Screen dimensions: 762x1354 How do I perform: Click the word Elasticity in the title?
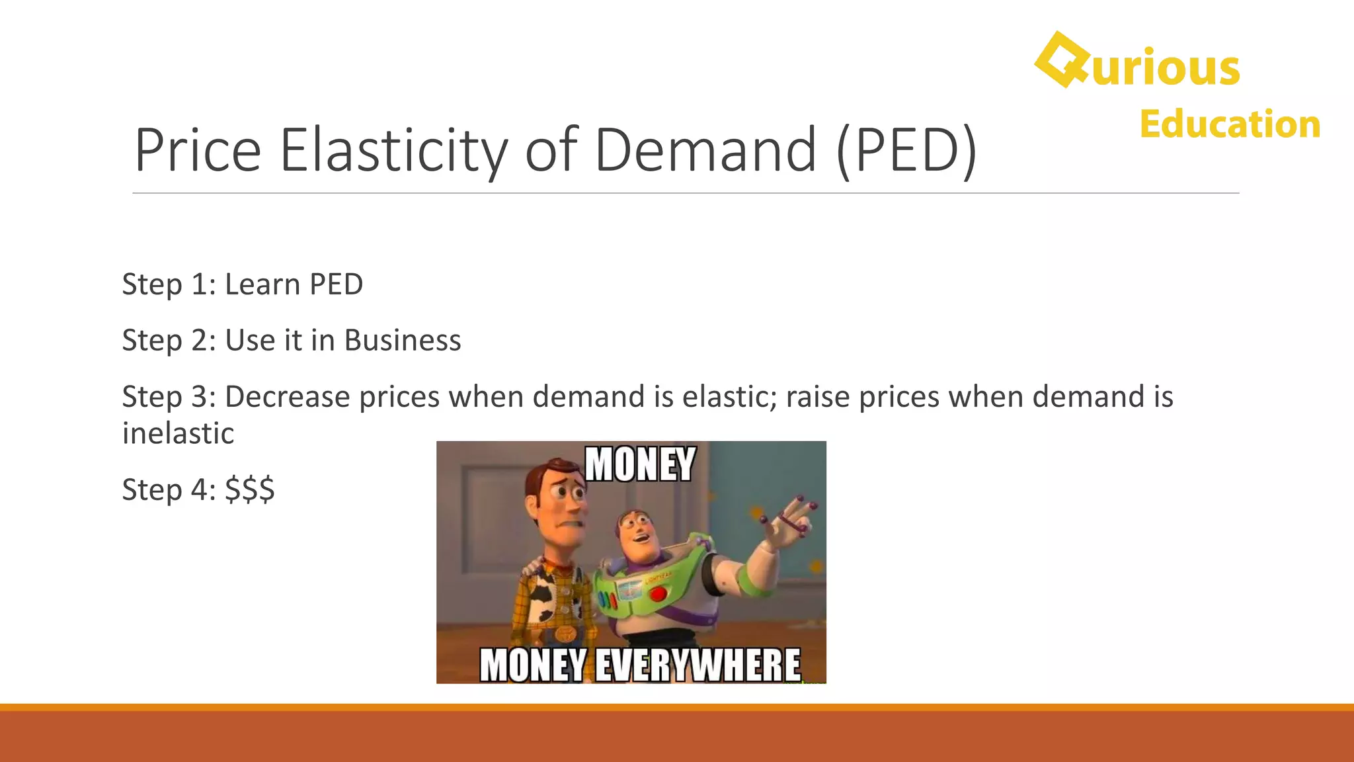click(394, 150)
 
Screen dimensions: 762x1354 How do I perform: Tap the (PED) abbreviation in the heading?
click(906, 150)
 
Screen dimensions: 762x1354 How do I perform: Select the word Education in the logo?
click(1230, 124)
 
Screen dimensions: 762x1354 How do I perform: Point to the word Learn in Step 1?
click(262, 284)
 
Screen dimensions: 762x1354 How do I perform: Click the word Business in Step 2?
click(402, 341)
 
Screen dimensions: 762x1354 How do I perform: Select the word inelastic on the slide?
click(178, 434)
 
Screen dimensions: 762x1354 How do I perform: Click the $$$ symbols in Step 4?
click(249, 490)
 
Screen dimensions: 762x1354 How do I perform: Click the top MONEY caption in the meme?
click(640, 464)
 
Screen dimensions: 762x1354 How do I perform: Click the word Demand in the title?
click(705, 150)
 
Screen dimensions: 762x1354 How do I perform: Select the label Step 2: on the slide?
click(169, 341)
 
